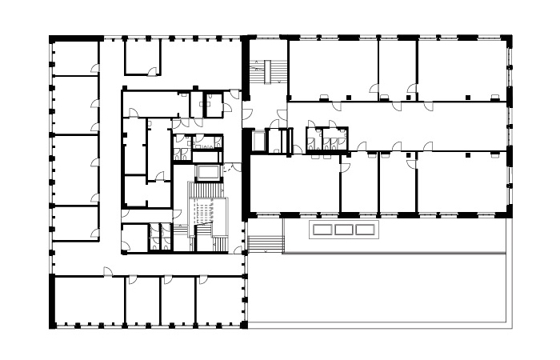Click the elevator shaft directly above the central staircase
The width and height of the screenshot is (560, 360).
tap(209, 172)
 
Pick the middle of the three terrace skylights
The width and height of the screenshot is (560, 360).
tap(344, 230)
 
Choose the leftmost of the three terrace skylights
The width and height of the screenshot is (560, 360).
tap(323, 230)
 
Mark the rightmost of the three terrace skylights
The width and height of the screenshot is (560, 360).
tap(365, 230)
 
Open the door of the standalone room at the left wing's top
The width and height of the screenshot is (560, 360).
tap(153, 73)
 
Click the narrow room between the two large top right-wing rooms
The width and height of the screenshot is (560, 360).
tap(397, 68)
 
